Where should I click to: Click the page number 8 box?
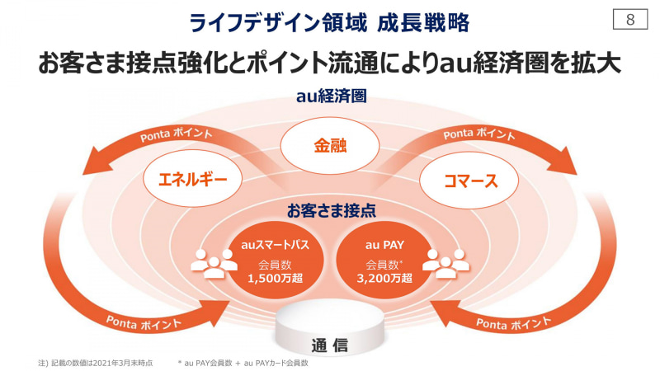point(630,19)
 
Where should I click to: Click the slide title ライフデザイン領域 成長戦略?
point(329,23)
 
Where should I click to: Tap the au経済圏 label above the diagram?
point(332,96)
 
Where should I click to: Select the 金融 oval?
point(330,146)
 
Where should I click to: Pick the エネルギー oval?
point(193,180)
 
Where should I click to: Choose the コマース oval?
point(469,181)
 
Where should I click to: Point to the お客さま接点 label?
point(332,211)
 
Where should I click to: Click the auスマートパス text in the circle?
point(276,245)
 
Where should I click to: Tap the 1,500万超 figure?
point(276,278)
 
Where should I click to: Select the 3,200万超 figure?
point(384,278)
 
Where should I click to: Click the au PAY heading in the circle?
point(384,245)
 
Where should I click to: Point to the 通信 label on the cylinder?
point(330,345)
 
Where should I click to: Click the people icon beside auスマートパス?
point(214,263)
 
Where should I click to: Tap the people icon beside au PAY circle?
point(445,263)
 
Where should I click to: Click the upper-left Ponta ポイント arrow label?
point(177,134)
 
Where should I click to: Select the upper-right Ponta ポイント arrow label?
point(479,134)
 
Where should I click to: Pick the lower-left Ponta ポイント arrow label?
point(144,323)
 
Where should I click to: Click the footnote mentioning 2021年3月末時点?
point(96,363)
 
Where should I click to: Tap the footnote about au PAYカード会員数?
point(243,363)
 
